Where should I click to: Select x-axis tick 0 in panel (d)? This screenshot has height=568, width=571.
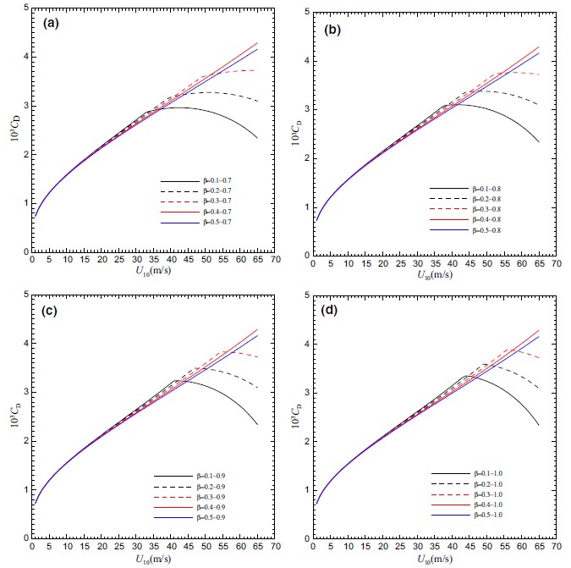pyautogui.click(x=313, y=548)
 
